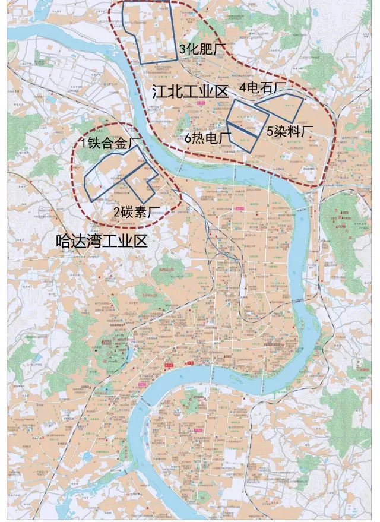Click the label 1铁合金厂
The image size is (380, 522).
click(x=110, y=143)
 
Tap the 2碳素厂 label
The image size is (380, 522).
click(x=137, y=211)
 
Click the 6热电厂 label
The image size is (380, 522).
click(x=207, y=138)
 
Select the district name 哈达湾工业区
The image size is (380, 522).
click(x=100, y=241)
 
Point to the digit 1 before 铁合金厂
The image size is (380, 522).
click(x=84, y=143)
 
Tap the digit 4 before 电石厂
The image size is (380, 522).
click(x=243, y=88)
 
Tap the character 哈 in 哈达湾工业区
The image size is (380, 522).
click(x=62, y=241)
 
